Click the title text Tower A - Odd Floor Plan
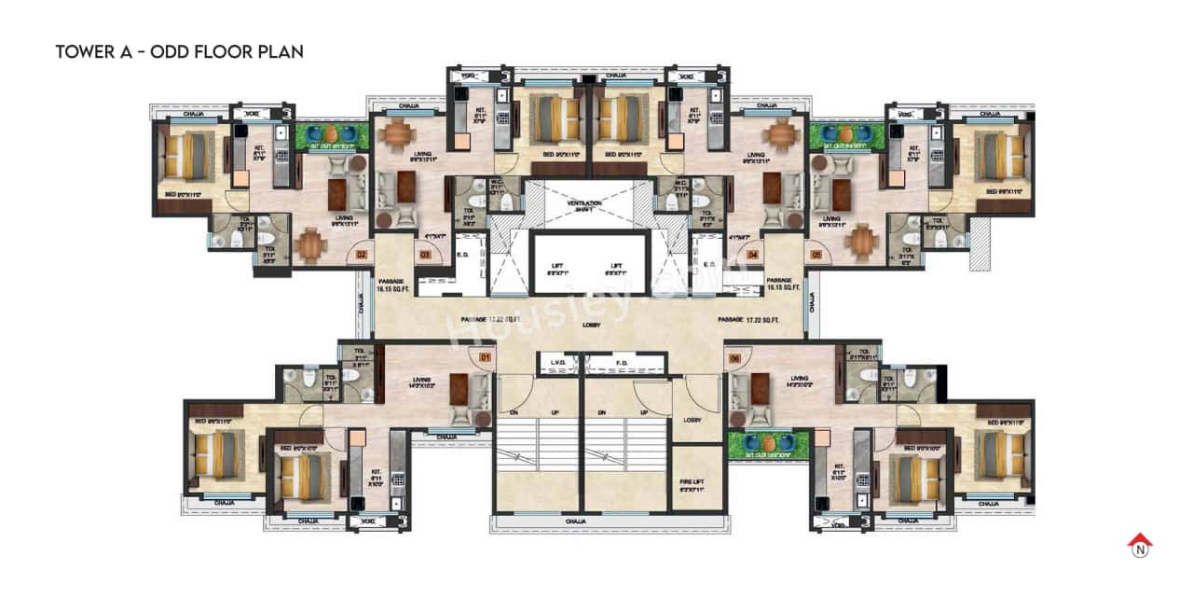(179, 51)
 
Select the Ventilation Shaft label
(585, 206)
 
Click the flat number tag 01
(485, 356)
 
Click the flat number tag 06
(734, 356)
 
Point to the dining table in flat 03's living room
(397, 135)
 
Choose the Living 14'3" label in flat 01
(422, 383)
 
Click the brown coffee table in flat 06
(760, 388)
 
